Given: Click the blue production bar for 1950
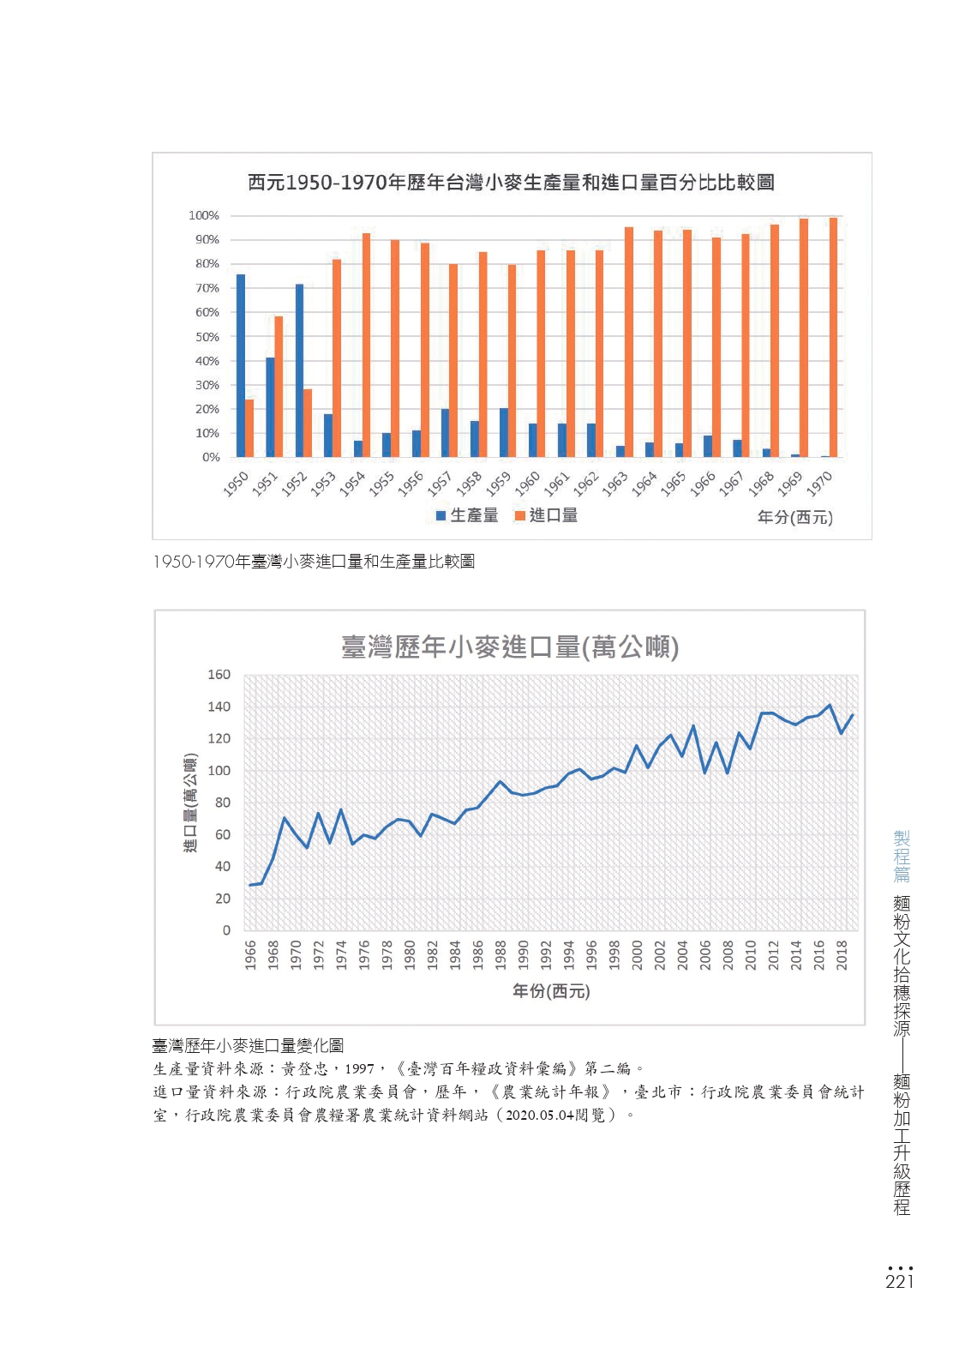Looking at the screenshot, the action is click(241, 365).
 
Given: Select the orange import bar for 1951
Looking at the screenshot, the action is click(279, 387).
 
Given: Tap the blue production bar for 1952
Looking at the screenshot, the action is click(299, 370).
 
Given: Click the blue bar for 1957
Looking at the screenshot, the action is click(445, 433).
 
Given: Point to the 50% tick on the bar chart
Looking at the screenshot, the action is click(207, 337).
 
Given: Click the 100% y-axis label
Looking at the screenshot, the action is click(204, 215).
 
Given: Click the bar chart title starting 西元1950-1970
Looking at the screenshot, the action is click(511, 183).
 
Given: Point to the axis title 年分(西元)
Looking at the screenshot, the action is click(794, 516).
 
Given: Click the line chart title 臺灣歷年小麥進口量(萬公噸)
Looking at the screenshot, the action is click(510, 647).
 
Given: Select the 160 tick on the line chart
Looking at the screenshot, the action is click(219, 675).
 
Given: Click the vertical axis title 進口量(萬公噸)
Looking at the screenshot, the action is click(190, 803).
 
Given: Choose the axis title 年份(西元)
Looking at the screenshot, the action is click(551, 991).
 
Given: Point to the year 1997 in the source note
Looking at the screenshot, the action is click(360, 1068).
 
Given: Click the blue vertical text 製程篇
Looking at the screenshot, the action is click(902, 857).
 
